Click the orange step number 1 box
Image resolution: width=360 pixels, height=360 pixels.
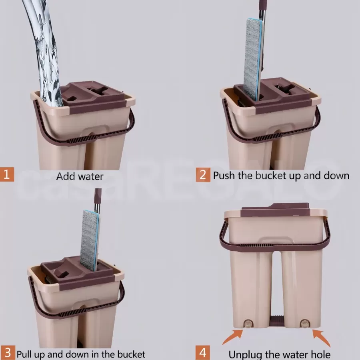click(x=7, y=174)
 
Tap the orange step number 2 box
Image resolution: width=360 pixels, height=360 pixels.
click(x=203, y=175)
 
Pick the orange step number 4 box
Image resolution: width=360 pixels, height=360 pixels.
click(x=203, y=353)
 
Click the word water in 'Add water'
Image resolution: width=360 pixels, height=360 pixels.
click(x=91, y=176)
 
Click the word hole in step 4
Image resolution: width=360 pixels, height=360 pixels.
click(x=321, y=354)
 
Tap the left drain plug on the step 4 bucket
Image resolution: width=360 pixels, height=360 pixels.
click(x=248, y=324)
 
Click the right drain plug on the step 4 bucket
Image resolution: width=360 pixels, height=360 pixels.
click(x=304, y=324)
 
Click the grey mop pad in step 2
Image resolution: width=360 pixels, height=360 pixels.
click(x=252, y=60)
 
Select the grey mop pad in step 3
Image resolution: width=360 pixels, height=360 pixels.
click(x=89, y=240)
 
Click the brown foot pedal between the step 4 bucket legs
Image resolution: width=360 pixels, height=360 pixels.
click(x=277, y=321)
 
